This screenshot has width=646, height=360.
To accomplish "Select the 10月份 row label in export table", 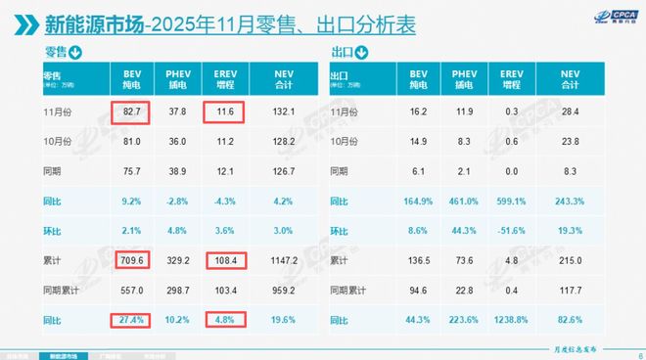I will (x=346, y=144).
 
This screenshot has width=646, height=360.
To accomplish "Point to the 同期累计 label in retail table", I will (x=62, y=291).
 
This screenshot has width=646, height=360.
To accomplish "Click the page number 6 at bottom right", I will (x=639, y=355).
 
